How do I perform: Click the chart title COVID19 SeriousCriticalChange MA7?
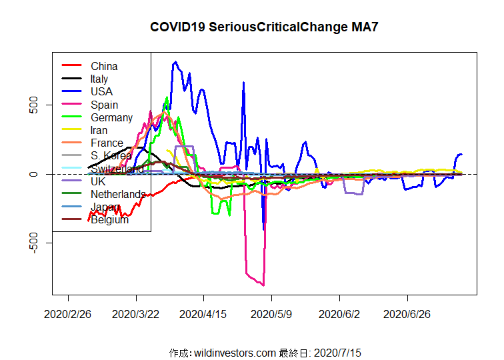[x=259, y=27]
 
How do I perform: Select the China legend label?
[x=104, y=66]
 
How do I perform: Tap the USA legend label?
[x=101, y=91]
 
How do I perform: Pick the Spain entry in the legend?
[x=104, y=105]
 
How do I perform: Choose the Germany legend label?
[x=111, y=117]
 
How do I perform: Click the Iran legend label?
[x=99, y=130]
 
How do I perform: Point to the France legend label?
[x=107, y=143]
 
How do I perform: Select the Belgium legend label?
[x=109, y=219]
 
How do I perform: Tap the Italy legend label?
[x=99, y=79]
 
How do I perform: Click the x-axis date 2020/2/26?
[x=68, y=313]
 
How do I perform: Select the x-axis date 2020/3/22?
[x=136, y=313]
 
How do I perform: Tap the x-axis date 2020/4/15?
[x=204, y=313]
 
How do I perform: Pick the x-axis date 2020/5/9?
[x=272, y=313]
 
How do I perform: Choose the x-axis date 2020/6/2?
[x=340, y=313]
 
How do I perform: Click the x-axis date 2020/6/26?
[x=408, y=313]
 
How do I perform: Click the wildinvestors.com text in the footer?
[x=235, y=352]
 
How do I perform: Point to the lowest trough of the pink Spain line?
[x=264, y=285]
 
